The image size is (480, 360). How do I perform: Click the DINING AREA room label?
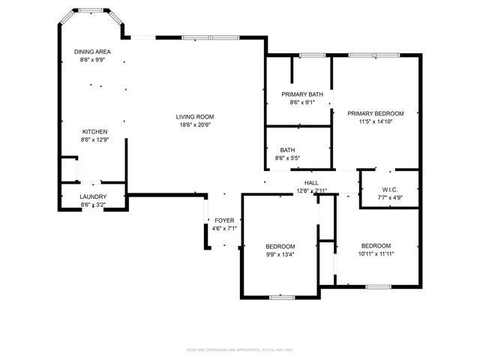93,52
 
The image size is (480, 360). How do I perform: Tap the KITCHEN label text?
94,131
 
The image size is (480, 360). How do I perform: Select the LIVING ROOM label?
195,116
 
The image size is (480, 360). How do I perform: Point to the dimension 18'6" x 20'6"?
195,125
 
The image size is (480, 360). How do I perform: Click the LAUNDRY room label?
93,196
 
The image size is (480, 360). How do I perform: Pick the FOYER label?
224,220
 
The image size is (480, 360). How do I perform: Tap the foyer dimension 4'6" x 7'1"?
224,228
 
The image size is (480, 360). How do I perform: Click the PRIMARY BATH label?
302,94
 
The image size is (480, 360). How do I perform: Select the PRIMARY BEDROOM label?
376,113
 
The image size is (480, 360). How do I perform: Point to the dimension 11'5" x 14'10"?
376,121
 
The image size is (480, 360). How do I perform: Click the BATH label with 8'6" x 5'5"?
287,150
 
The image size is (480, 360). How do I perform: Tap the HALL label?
311,183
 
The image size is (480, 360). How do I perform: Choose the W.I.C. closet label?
389,190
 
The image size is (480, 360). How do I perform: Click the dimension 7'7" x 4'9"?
389,198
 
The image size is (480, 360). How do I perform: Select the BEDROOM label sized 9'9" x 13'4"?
280,246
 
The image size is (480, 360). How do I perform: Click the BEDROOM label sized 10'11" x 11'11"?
376,246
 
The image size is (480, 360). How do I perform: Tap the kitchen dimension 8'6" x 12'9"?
94,139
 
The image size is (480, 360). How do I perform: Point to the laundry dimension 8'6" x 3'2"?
93,204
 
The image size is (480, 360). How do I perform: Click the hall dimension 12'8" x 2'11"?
311,191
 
